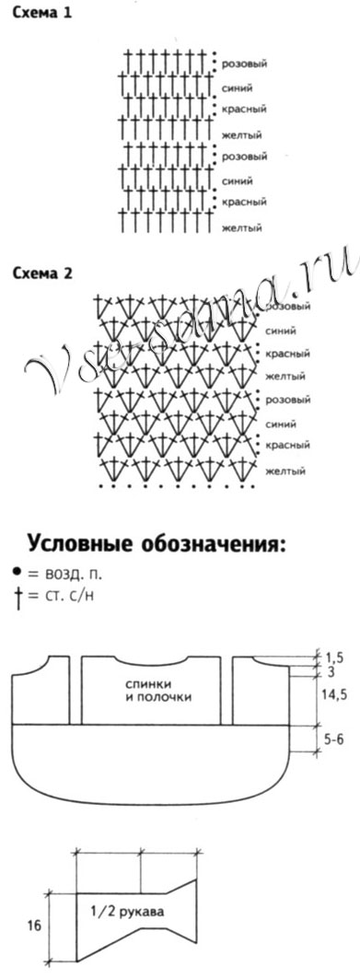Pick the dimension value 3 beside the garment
pos(330,673)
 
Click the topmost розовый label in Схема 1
pos(244,64)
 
